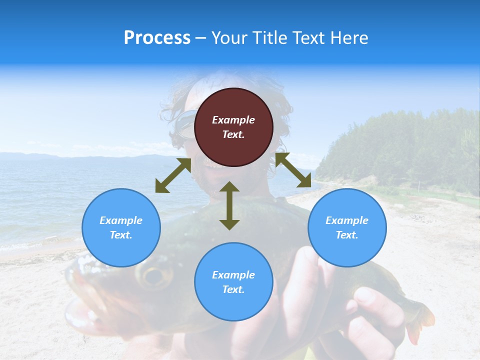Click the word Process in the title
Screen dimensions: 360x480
pyautogui.click(x=157, y=38)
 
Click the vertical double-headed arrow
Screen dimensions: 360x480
pyautogui.click(x=229, y=205)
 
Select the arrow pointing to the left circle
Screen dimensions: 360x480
pyautogui.click(x=173, y=175)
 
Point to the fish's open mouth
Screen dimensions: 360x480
pyautogui.click(x=82, y=300)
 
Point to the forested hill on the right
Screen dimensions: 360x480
pyautogui.click(x=400, y=145)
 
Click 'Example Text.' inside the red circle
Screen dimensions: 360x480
pyautogui.click(x=233, y=127)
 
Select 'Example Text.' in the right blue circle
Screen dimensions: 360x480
pyautogui.click(x=347, y=227)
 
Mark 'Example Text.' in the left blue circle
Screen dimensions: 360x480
pyautogui.click(x=121, y=227)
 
